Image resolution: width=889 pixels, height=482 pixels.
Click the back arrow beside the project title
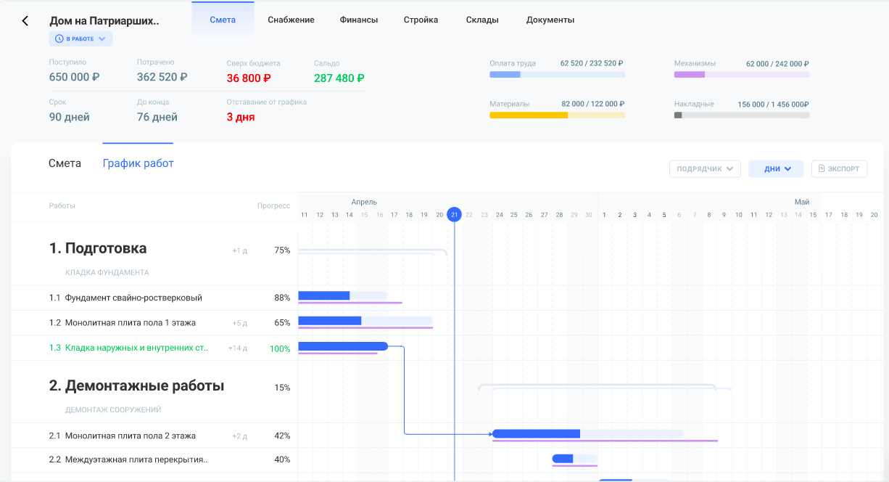click(25, 21)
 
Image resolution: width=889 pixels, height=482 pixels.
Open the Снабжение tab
click(291, 20)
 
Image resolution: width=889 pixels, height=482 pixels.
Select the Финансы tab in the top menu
click(359, 20)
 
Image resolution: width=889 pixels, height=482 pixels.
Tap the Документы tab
click(550, 20)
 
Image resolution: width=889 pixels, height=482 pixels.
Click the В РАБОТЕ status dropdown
click(80, 38)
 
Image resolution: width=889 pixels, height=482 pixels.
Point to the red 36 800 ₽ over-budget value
click(249, 78)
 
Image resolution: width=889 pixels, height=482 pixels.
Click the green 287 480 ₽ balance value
click(339, 78)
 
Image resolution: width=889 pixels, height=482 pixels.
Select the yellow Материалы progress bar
click(557, 115)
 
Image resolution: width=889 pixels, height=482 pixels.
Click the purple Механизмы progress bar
click(741, 74)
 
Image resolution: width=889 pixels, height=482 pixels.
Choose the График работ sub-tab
click(138, 163)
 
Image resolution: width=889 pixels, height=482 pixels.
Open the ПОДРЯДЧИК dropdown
click(705, 169)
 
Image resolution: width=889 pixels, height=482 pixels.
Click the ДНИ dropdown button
click(776, 169)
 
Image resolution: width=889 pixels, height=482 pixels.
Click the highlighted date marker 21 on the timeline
click(454, 214)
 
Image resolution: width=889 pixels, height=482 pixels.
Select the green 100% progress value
click(280, 349)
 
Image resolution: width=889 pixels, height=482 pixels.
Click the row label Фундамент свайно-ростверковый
click(133, 298)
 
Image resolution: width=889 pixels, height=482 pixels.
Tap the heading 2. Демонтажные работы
click(136, 386)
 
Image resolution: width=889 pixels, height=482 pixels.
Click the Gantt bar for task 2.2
click(574, 459)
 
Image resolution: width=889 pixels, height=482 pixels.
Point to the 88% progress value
click(282, 298)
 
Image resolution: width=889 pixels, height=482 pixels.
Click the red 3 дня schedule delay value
click(241, 117)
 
